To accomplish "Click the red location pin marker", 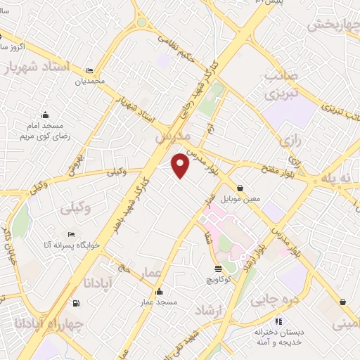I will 181,165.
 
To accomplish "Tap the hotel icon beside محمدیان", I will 89,71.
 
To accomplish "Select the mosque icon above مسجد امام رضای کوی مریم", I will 45,115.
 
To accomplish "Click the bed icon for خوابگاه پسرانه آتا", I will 70,234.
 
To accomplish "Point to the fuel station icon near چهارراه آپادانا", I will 76,304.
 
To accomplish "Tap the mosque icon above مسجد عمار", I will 160,292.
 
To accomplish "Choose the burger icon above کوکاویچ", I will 218,269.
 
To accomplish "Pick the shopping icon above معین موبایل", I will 241,188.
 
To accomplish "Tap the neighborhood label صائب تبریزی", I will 278,83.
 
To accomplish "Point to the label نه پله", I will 337,179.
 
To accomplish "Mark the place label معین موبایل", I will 241,199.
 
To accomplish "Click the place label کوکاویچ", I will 219,280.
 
